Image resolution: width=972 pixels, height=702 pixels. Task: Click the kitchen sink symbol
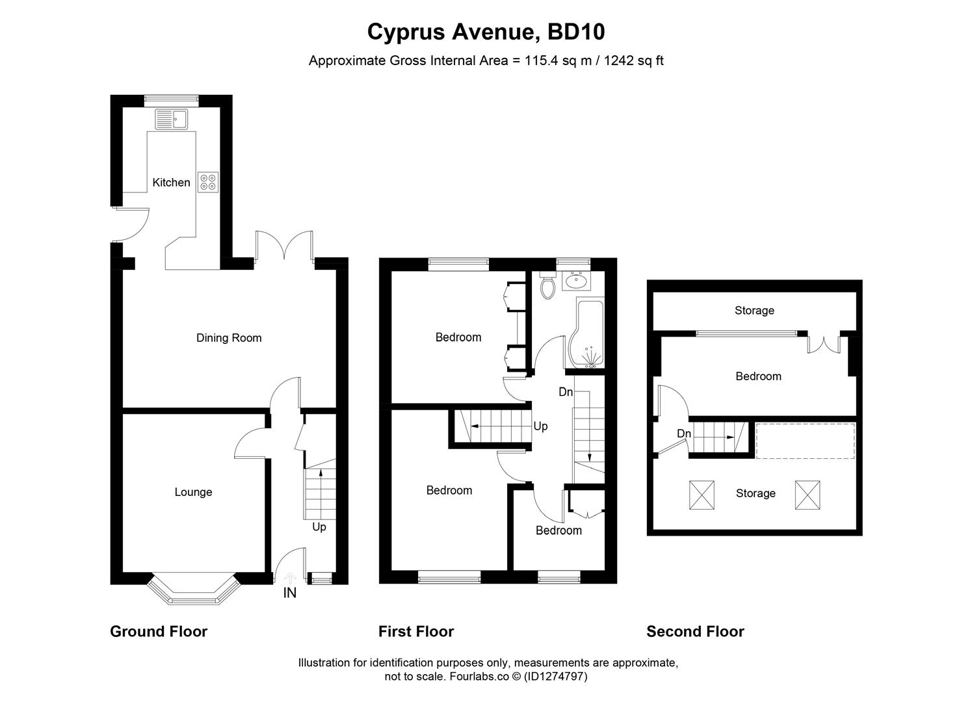pyautogui.click(x=171, y=119)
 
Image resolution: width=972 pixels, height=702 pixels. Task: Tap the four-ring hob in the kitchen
pyautogui.click(x=209, y=182)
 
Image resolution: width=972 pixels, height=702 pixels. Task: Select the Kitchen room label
pyautogui.click(x=171, y=183)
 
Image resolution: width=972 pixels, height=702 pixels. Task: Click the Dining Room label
pyautogui.click(x=229, y=338)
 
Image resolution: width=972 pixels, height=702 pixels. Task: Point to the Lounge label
pyautogui.click(x=193, y=492)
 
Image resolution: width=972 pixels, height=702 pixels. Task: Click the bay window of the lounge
pyautogui.click(x=190, y=590)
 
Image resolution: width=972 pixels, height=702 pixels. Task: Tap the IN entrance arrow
pyautogui.click(x=290, y=578)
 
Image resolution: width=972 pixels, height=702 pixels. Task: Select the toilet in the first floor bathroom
pyautogui.click(x=547, y=285)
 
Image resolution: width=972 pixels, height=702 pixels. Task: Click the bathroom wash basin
pyautogui.click(x=576, y=281)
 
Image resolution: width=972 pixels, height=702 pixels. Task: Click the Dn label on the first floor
pyautogui.click(x=566, y=393)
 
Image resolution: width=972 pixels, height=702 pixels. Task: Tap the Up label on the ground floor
pyautogui.click(x=319, y=527)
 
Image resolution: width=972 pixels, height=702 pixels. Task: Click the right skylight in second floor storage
pyautogui.click(x=808, y=495)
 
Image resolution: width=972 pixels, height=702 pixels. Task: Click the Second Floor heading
pyautogui.click(x=695, y=631)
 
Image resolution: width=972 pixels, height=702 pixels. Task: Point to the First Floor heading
pyautogui.click(x=416, y=631)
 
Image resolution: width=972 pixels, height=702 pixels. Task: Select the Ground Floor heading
pyautogui.click(x=159, y=631)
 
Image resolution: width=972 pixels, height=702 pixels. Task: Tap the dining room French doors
pyautogui.click(x=285, y=247)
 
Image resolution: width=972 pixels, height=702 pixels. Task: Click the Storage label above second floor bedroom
pyautogui.click(x=754, y=311)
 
